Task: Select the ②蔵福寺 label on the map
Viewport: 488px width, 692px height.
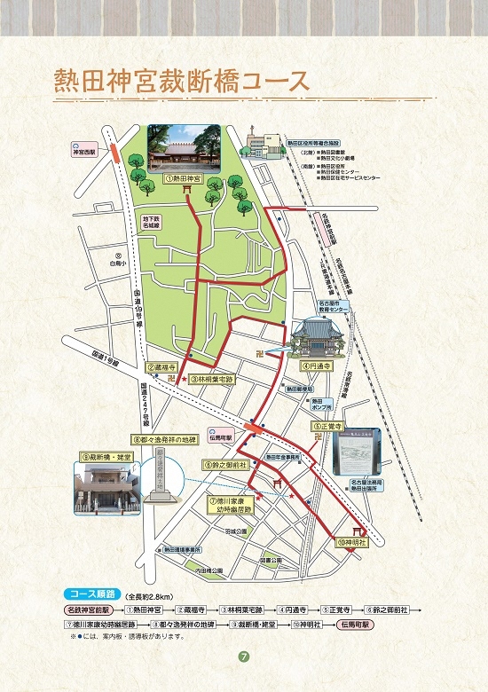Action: (162, 366)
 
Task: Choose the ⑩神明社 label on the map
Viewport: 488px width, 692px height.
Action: (351, 541)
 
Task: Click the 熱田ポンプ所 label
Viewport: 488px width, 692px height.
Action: (322, 404)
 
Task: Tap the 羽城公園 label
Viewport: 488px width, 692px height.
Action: (234, 531)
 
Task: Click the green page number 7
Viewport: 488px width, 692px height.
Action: (243, 657)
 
